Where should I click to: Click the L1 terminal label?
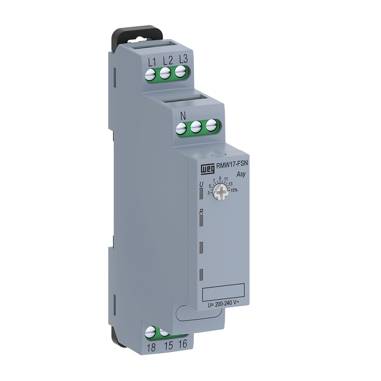tap(151, 61)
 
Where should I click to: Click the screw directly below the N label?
tap(181, 129)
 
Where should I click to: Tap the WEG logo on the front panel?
tap(206, 169)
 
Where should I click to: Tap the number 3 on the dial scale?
tap(208, 192)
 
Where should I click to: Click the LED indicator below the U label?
tap(201, 194)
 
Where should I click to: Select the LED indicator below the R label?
tap(201, 221)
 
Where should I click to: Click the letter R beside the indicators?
tap(201, 211)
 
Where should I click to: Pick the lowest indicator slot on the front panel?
tap(201, 275)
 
